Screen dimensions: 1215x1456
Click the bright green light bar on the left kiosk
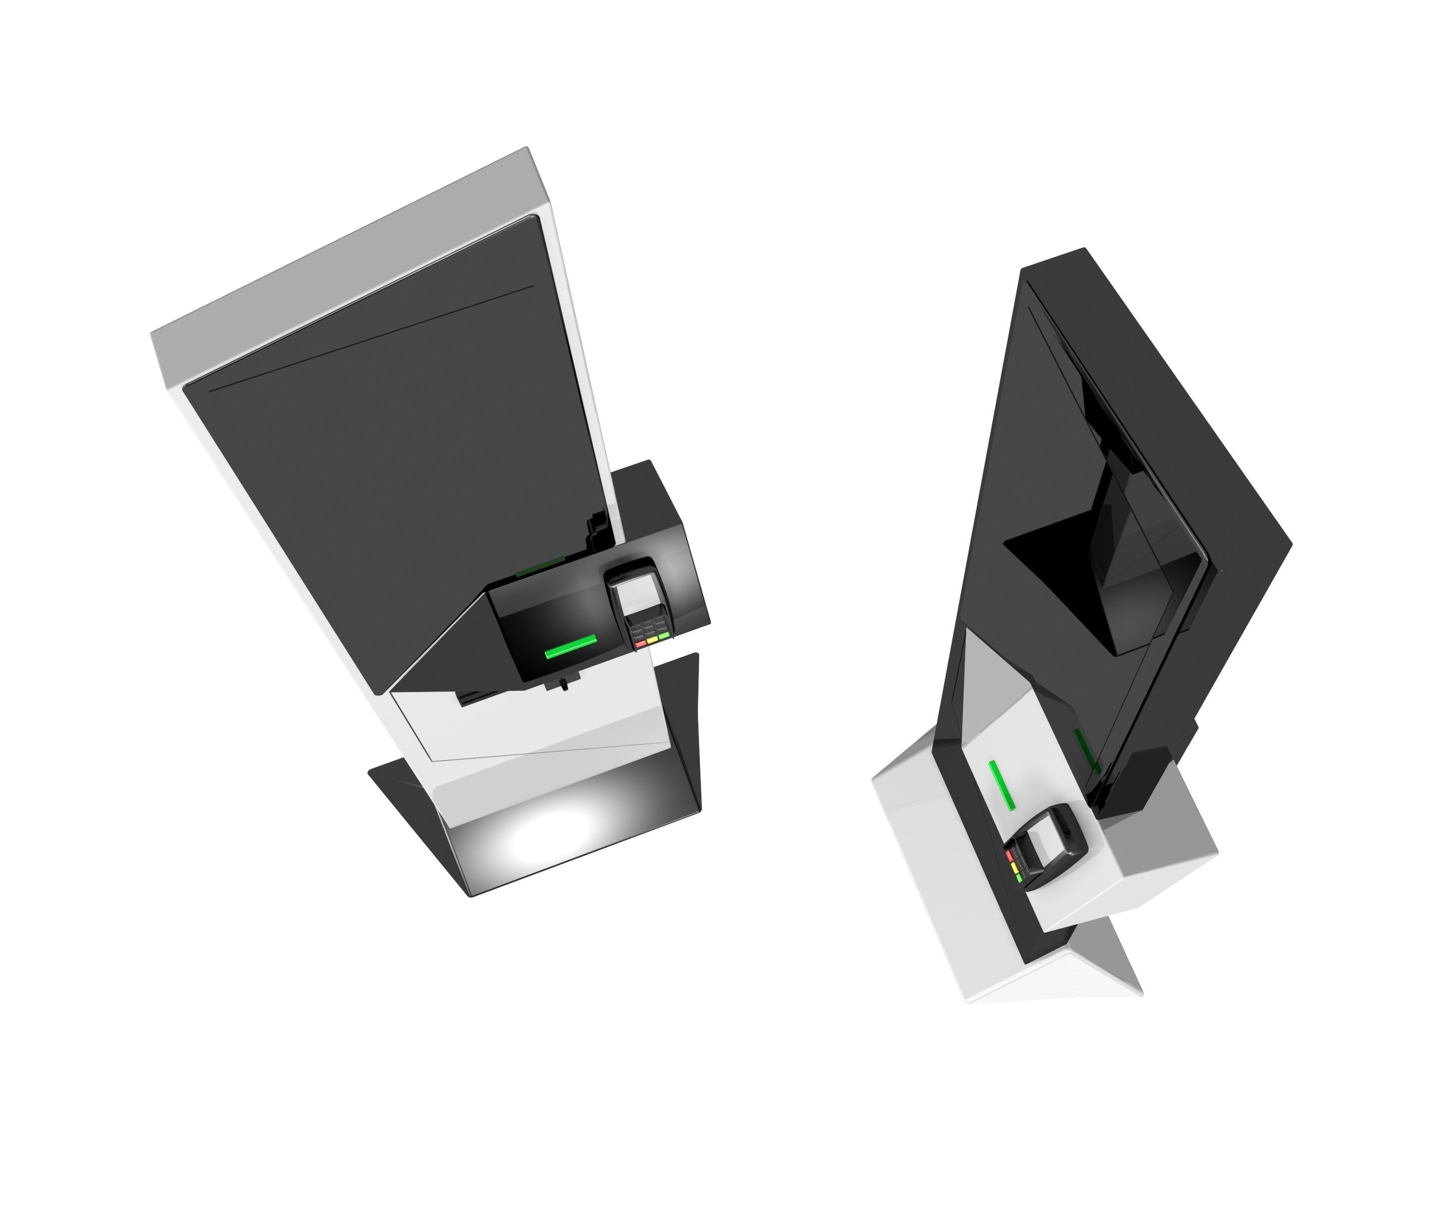tap(570, 646)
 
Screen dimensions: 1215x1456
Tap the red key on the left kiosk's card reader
tap(639, 643)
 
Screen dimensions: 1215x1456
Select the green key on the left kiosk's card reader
tap(664, 634)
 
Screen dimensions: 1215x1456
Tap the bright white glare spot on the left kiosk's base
tap(548, 829)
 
